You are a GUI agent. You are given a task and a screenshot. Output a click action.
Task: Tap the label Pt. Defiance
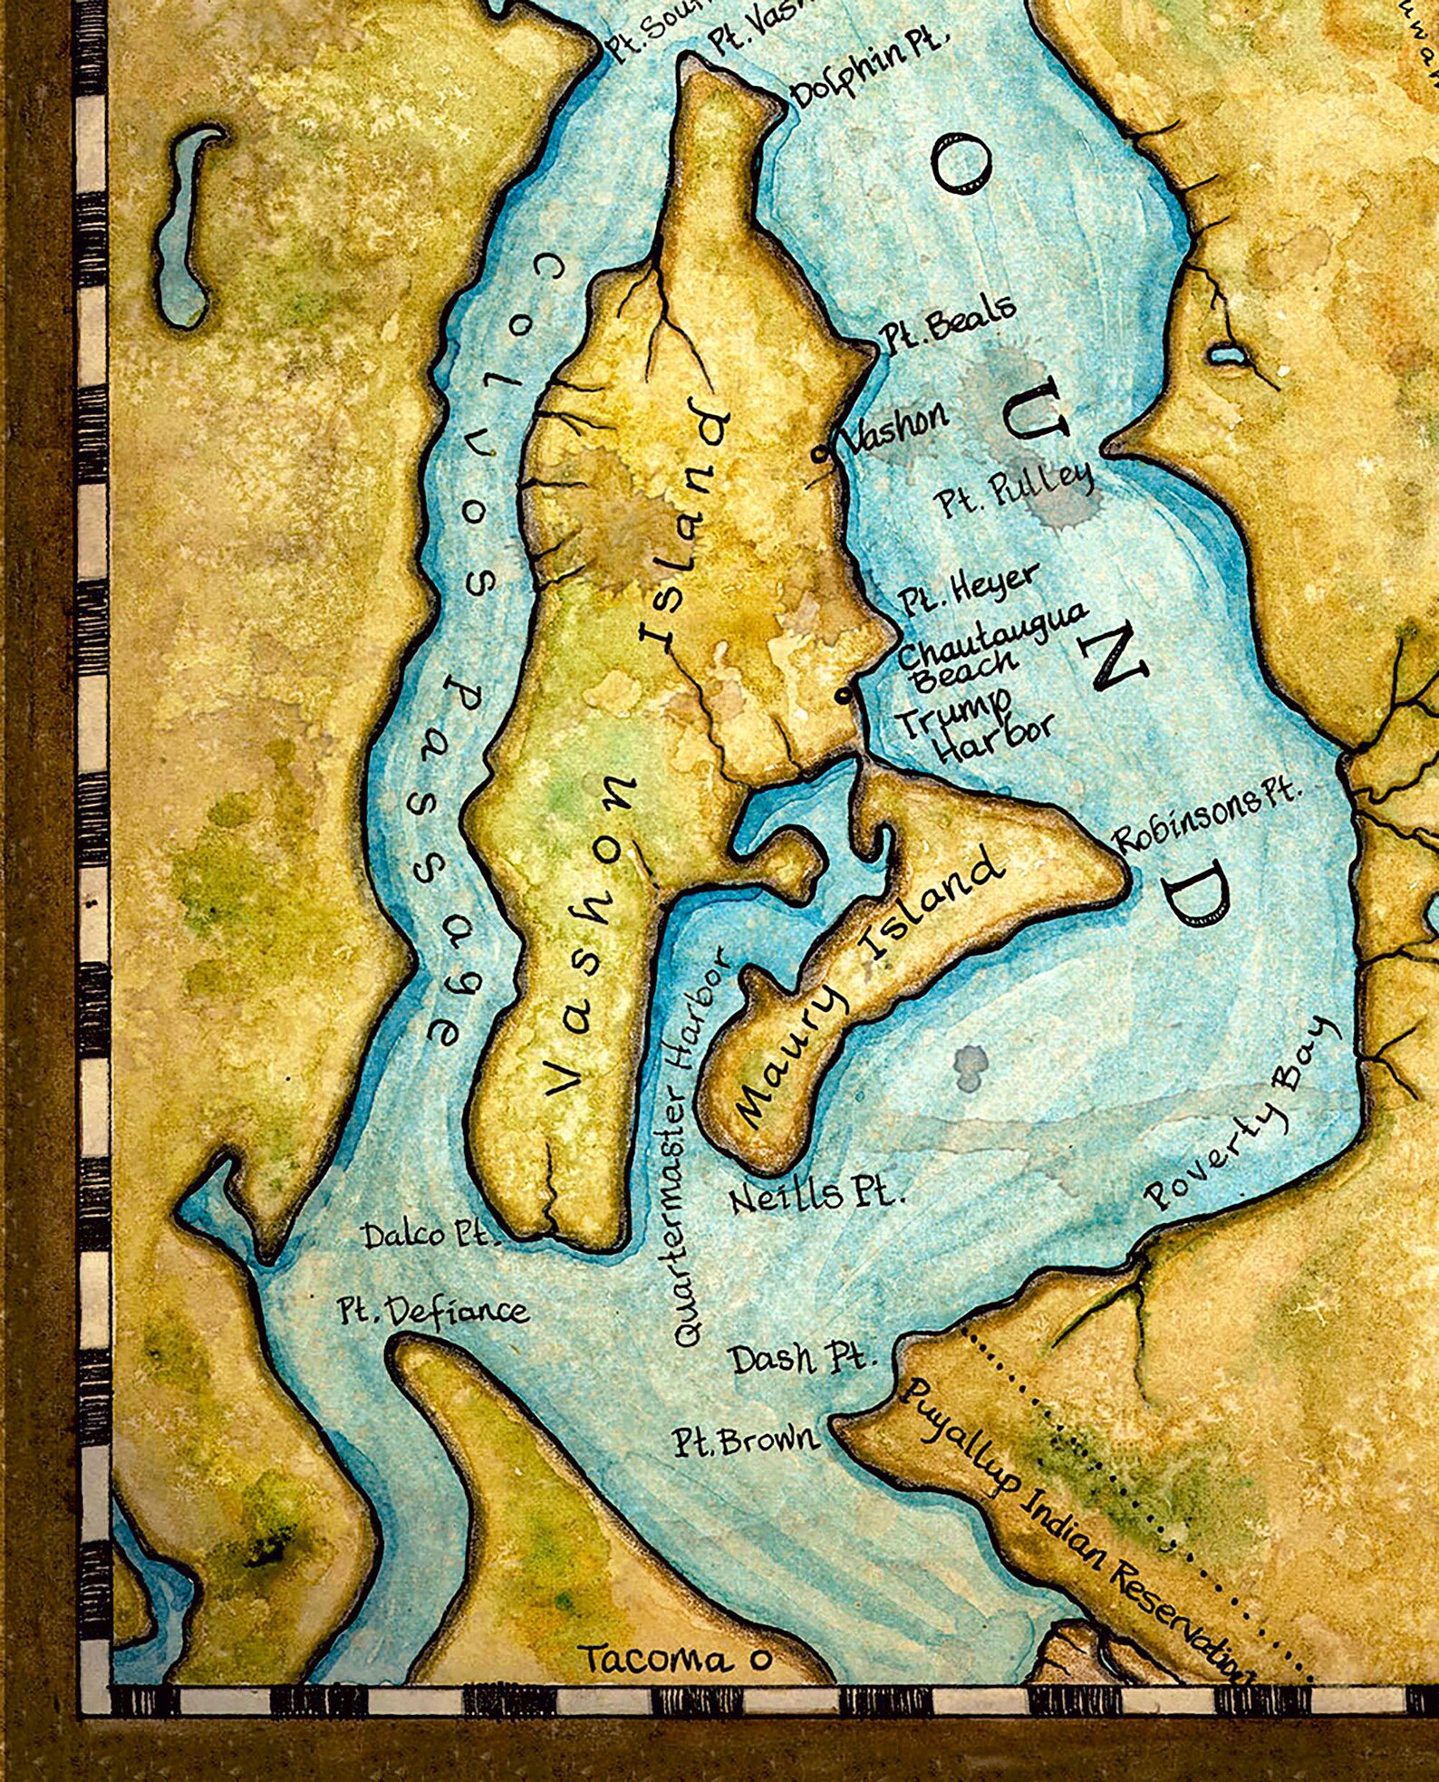point(433,1311)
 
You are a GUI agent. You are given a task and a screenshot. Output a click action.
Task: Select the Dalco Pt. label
point(430,1236)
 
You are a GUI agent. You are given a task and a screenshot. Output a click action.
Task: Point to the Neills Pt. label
point(816,1195)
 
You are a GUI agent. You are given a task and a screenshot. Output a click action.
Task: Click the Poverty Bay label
point(1243,1115)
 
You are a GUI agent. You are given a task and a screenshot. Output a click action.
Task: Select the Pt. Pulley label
point(1013,489)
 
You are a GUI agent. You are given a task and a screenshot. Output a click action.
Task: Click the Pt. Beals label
point(947,324)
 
